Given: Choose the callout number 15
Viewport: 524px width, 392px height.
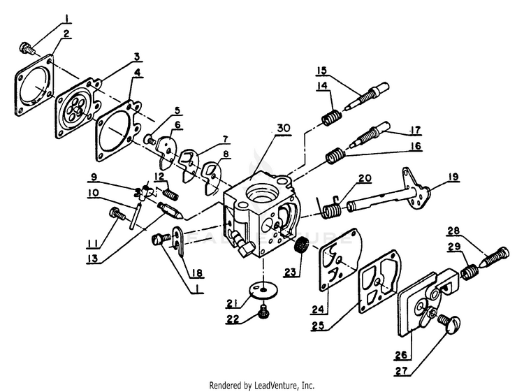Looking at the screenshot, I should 322,70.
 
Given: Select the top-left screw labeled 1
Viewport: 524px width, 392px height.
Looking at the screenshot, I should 26,48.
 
